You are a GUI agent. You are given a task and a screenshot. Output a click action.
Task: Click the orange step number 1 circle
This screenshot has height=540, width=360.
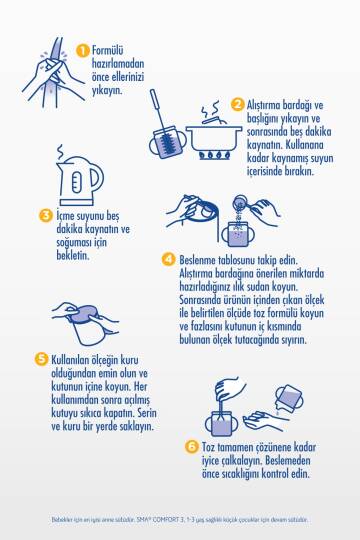pyautogui.click(x=82, y=51)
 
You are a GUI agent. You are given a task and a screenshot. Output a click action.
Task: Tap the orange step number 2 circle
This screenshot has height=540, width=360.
pyautogui.click(x=237, y=104)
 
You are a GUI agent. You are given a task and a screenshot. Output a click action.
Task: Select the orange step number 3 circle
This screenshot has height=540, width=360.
pyautogui.click(x=45, y=215)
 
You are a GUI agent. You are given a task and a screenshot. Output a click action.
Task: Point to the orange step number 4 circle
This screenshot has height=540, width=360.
pyautogui.click(x=168, y=259)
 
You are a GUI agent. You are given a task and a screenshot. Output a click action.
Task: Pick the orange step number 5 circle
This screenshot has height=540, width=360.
pyautogui.click(x=41, y=359)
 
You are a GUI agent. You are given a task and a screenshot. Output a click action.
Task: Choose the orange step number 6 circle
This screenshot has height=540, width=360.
pyautogui.click(x=192, y=447)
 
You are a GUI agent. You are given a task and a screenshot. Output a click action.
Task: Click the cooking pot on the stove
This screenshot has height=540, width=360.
pyautogui.click(x=214, y=138)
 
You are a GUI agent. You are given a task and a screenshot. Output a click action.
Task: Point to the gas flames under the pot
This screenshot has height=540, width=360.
pyautogui.click(x=214, y=155)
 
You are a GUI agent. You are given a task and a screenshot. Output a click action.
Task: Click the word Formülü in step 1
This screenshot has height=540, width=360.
pyautogui.click(x=107, y=51)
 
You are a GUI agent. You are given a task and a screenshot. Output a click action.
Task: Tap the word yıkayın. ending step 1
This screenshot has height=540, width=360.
pyautogui.click(x=107, y=90)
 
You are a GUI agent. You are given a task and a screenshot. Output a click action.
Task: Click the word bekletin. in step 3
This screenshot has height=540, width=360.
pyautogui.click(x=73, y=255)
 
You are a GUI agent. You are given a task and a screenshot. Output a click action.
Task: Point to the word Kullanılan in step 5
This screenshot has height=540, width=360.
pyautogui.click(x=70, y=360)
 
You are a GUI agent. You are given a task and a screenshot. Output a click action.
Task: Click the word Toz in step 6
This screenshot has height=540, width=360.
pyautogui.click(x=208, y=447)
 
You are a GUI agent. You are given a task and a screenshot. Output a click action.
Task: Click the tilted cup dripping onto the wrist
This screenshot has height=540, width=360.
pyautogui.click(x=289, y=398)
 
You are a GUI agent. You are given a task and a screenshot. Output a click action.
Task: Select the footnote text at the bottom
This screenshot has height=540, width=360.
pyautogui.click(x=179, y=519)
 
